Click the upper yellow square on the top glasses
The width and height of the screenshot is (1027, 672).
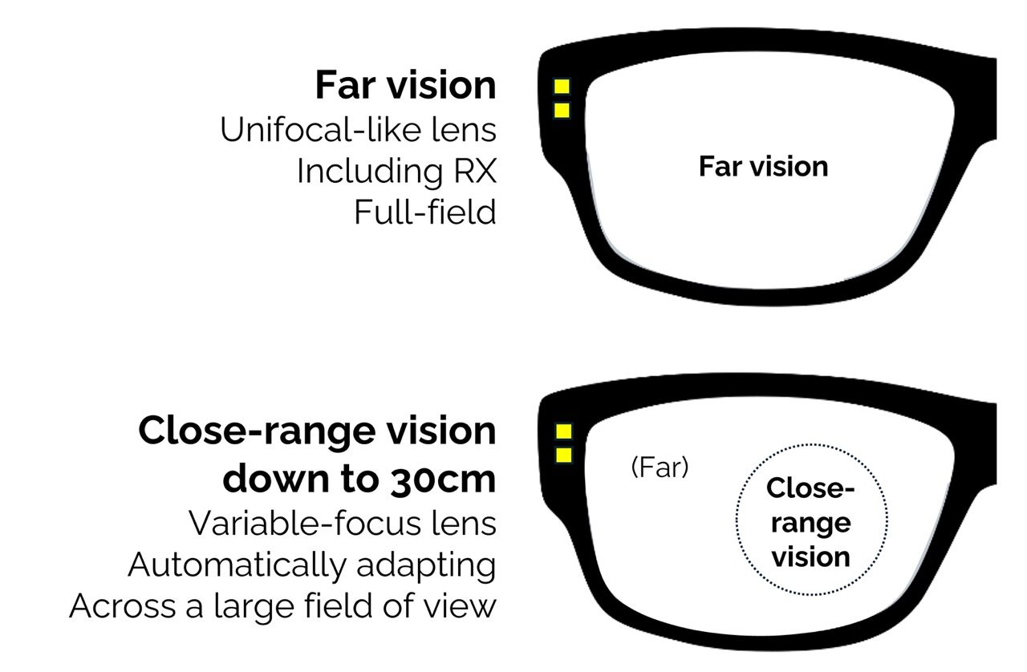coord(562,87)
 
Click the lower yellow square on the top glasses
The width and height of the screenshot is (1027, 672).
coord(562,110)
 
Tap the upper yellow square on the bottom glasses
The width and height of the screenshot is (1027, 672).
coord(564,431)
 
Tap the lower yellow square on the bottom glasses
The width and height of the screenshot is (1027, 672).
coord(564,455)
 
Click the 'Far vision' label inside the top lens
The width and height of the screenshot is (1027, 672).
coord(763,167)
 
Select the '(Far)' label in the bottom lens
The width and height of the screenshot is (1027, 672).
coord(660,468)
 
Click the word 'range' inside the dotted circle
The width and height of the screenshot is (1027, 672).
coord(810,523)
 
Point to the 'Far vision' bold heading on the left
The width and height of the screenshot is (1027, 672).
coord(405,85)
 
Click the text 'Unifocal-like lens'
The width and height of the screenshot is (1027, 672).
coord(358,129)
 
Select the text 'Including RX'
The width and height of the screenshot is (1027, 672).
coord(396,171)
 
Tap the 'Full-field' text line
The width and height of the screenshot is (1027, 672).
coord(424,213)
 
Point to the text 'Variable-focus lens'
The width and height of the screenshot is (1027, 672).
coord(343,523)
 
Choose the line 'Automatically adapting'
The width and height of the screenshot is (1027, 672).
coord(312,565)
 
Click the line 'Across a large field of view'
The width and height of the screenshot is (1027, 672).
coord(283,606)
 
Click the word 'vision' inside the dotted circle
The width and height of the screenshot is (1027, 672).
coord(810,557)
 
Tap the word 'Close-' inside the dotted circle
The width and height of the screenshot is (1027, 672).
coord(810,488)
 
